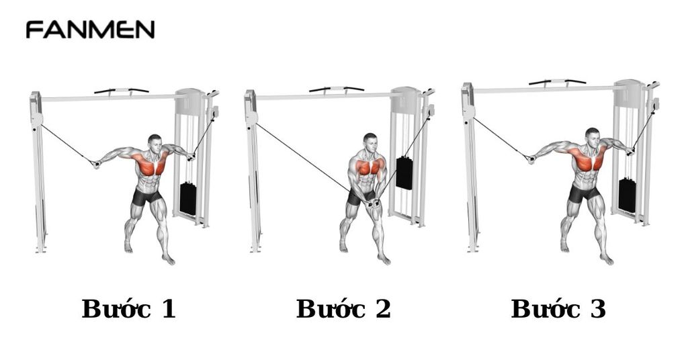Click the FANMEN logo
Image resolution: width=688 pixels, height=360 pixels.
point(90,30)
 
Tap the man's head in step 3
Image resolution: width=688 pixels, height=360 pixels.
point(592,136)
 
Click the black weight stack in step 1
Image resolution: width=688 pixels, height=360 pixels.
point(188,197)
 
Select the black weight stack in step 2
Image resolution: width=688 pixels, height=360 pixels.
point(404,173)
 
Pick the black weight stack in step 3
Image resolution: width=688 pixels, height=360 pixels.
point(627,195)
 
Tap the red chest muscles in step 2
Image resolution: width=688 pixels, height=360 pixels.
point(368,166)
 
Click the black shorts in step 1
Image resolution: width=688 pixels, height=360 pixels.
point(146,197)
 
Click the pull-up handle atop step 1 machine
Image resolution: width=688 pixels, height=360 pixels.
point(122,89)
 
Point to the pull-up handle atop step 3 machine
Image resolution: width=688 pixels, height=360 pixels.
point(556,81)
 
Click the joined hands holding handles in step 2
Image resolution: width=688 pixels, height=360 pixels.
point(370,201)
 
